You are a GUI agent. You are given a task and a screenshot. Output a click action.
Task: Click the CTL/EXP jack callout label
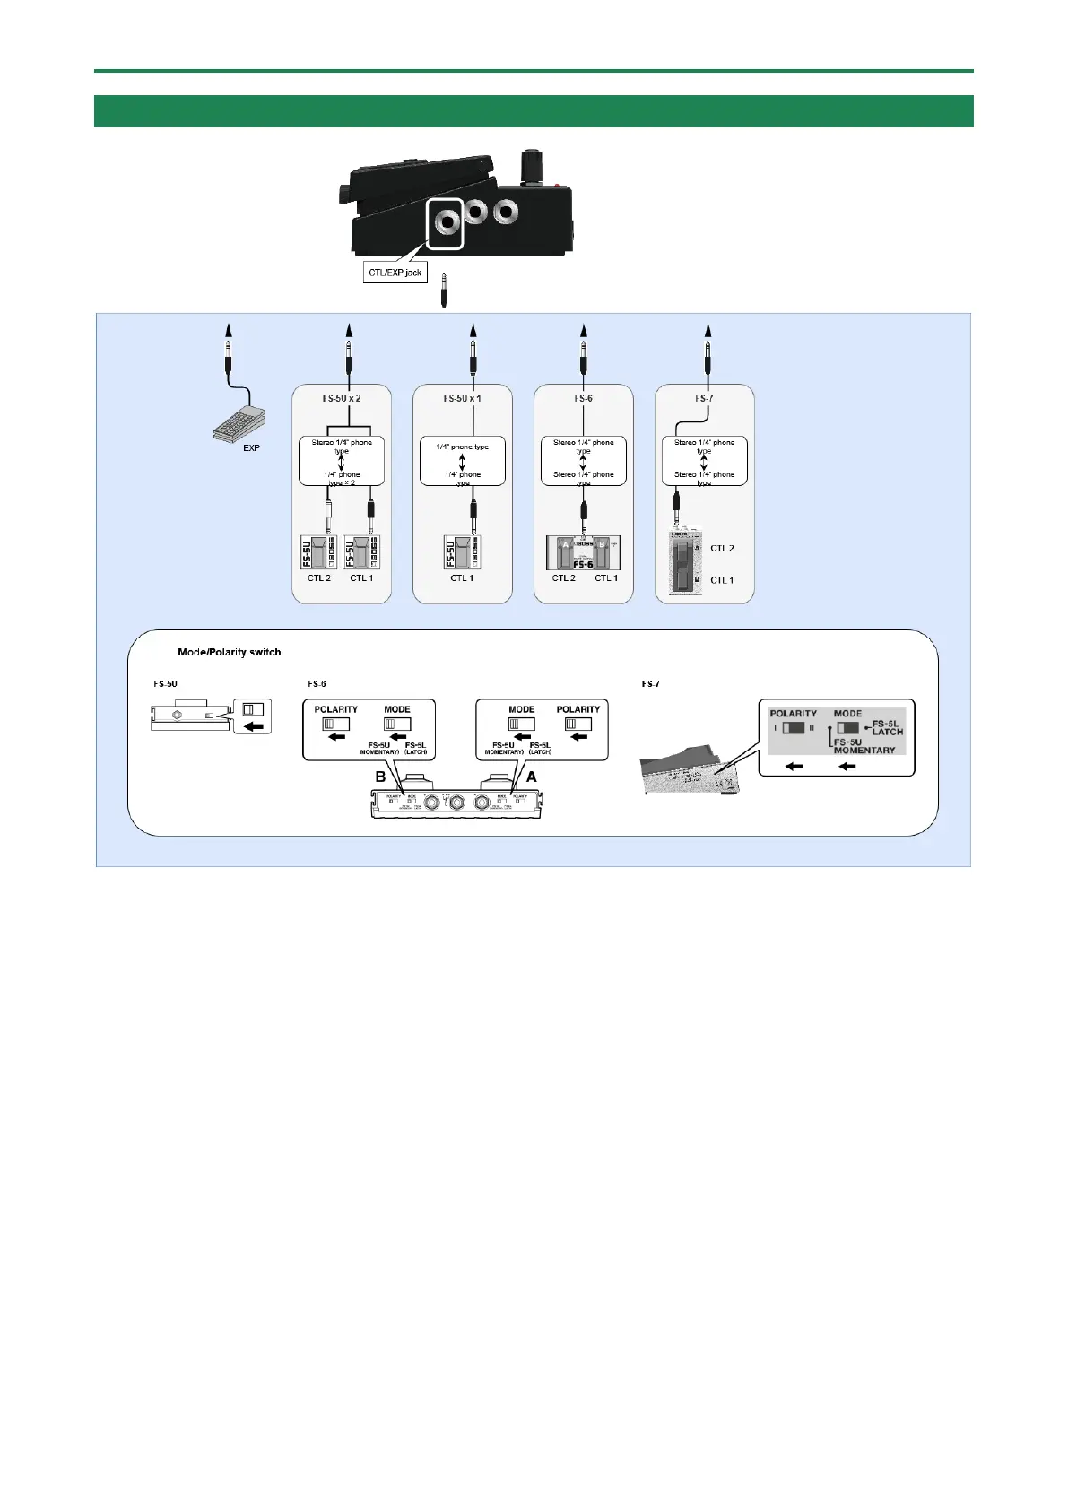pos(395,272)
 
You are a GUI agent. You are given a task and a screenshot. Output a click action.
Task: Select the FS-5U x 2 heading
pos(342,398)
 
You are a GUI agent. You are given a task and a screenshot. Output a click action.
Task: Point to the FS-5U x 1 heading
pos(462,398)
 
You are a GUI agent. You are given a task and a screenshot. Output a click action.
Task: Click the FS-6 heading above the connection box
pos(583,398)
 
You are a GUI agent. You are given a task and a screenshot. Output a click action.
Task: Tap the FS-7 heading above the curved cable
pos(704,398)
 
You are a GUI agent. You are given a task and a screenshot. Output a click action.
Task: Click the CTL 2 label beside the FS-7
pos(722,548)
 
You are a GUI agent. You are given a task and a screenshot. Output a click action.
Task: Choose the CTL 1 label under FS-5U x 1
pos(462,578)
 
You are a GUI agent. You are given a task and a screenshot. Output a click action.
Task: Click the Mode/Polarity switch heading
pos(230,652)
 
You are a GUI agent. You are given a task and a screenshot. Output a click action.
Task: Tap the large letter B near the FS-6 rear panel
pos(380,777)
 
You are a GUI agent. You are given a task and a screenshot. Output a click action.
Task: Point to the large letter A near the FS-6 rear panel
pos(531,777)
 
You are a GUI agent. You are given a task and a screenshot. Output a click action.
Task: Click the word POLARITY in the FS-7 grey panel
pos(794,714)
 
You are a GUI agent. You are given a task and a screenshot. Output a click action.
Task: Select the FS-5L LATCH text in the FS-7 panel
pos(887,727)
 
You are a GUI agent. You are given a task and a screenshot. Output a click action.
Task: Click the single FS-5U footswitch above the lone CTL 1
pos(462,551)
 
